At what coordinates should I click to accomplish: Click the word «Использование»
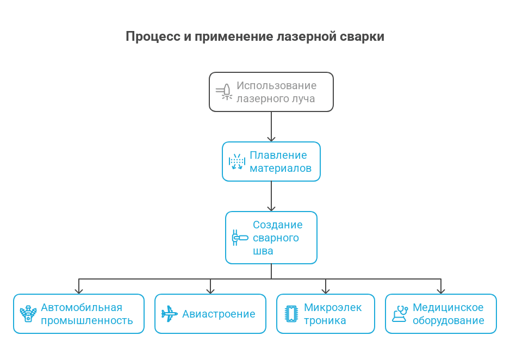point(276,85)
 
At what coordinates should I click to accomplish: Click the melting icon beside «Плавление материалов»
point(237,162)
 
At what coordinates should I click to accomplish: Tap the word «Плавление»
point(278,155)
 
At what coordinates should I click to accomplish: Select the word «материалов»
point(280,169)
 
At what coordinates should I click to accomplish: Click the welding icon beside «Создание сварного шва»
point(239,238)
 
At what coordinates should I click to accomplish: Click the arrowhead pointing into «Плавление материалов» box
point(271,139)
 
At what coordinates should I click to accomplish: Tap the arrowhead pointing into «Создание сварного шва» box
point(271,208)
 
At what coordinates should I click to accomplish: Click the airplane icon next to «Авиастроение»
point(169,314)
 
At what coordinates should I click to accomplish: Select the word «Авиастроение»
point(219,314)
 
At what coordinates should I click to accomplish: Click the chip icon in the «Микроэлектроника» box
point(291,314)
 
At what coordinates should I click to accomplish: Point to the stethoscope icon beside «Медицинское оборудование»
point(400,314)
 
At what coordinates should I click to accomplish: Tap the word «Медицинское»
point(448,307)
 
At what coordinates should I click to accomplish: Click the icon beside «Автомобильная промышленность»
point(28,314)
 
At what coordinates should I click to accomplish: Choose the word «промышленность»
point(87,320)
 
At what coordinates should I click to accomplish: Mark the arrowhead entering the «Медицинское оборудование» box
point(440,290)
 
